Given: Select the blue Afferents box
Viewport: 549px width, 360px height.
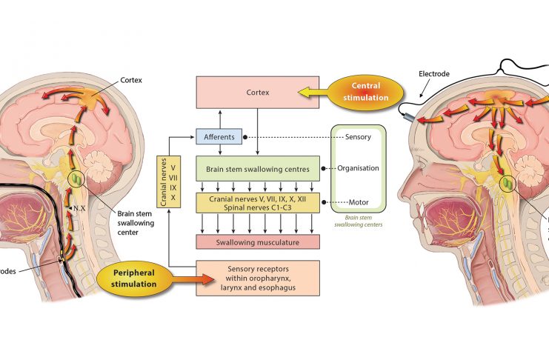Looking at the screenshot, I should click(219, 137).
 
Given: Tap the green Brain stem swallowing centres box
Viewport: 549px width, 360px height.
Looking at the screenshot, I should click(257, 167).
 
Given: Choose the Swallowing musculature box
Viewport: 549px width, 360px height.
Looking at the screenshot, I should click(257, 241).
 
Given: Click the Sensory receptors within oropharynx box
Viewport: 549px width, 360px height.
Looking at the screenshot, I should click(257, 278).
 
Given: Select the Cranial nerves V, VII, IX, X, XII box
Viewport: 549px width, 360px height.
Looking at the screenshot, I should click(257, 200).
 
